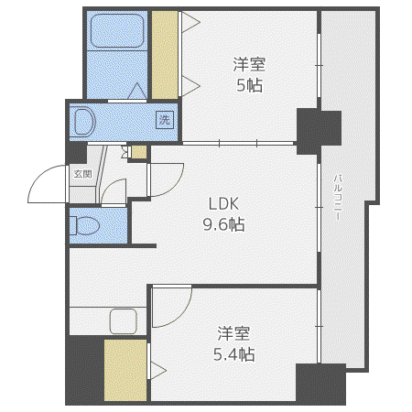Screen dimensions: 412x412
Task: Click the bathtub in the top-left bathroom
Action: pyautogui.click(x=117, y=31)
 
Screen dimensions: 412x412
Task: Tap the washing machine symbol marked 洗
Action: pyautogui.click(x=165, y=120)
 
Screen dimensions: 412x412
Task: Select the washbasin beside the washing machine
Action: pyautogui.click(x=83, y=122)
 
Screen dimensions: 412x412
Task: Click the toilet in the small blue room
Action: pyautogui.click(x=84, y=226)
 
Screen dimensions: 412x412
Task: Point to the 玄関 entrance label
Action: pyautogui.click(x=82, y=174)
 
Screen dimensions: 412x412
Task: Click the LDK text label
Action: pyautogui.click(x=223, y=204)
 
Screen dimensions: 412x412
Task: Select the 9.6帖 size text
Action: pyautogui.click(x=223, y=225)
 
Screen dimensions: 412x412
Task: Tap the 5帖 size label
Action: pyautogui.click(x=249, y=85)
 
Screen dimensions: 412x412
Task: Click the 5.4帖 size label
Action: pyautogui.click(x=233, y=354)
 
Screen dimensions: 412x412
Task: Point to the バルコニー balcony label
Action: pyautogui.click(x=338, y=197)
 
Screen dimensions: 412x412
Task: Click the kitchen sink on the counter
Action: pyautogui.click(x=124, y=321)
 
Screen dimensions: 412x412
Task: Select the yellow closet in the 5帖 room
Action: pyautogui.click(x=165, y=55)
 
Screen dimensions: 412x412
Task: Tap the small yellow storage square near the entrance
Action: pyautogui.click(x=139, y=152)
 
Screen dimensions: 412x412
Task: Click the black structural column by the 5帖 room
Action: pyautogui.click(x=319, y=131)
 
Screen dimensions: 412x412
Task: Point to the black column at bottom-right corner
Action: pyautogui.click(x=320, y=384)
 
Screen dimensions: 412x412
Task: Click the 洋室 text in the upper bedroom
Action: pyautogui.click(x=249, y=64)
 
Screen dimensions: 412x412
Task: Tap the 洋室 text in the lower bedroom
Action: pyautogui.click(x=233, y=333)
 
